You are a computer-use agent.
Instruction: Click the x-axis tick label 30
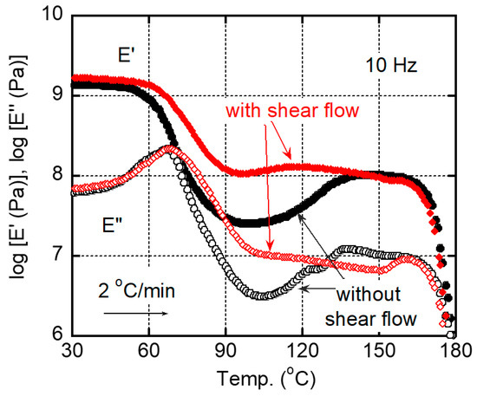[73, 354]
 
